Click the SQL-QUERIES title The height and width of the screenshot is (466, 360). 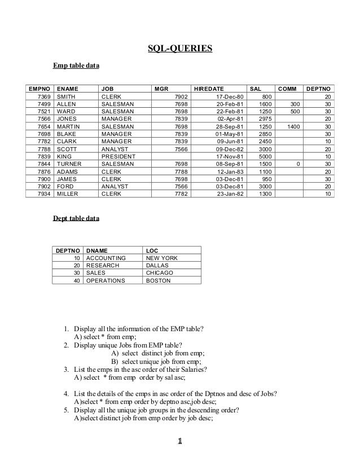tap(179, 49)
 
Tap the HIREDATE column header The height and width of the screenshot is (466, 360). tap(209, 89)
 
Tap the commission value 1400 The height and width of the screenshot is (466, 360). tap(293, 126)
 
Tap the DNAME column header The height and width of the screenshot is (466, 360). tap(97, 250)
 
